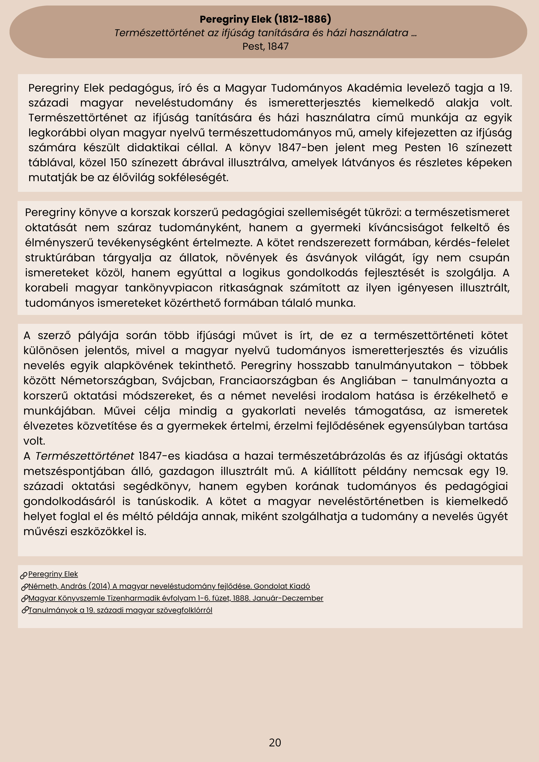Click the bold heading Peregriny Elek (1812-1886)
click(x=265, y=19)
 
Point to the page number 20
click(x=275, y=742)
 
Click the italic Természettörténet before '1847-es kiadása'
click(x=85, y=456)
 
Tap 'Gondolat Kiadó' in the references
click(x=282, y=586)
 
